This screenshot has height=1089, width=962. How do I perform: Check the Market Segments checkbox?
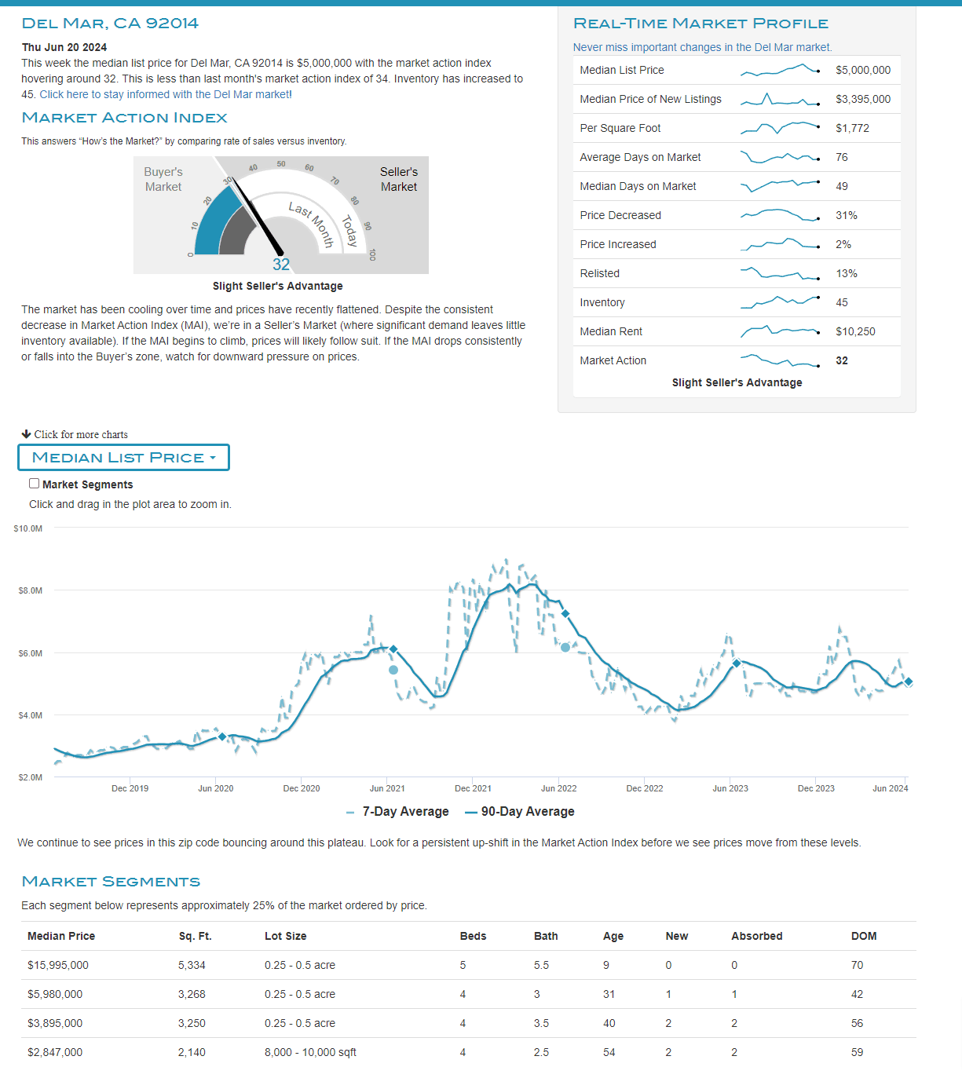(35, 484)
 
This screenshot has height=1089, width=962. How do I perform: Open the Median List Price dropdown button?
(123, 458)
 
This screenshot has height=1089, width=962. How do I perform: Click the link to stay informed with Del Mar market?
(165, 94)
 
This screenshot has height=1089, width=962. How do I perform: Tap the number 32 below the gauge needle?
(281, 265)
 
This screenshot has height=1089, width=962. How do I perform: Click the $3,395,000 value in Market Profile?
(862, 99)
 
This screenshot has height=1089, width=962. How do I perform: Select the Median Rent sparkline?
(780, 331)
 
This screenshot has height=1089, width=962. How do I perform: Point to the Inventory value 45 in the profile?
(841, 302)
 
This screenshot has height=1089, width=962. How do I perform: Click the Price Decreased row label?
(620, 215)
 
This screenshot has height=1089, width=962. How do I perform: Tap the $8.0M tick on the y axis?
(30, 590)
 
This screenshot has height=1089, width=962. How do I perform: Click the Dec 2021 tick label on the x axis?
(473, 788)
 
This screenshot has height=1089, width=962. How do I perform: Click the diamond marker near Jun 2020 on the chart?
(222, 736)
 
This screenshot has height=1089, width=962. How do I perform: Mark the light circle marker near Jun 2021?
(393, 670)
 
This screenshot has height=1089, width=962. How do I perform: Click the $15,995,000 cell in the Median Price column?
(57, 965)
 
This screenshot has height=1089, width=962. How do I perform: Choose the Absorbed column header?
(756, 936)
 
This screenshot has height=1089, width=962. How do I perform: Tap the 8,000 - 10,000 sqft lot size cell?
(310, 1052)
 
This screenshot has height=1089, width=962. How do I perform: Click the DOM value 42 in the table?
(857, 994)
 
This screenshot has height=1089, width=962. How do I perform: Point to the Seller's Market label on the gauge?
(399, 179)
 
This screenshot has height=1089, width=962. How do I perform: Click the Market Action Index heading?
(124, 118)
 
